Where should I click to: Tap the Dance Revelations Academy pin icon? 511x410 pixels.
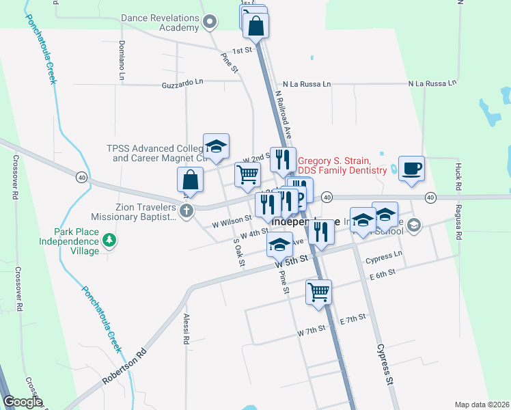210,23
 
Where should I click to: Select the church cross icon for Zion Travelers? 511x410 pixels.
186,211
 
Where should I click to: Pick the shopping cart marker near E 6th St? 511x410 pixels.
318,292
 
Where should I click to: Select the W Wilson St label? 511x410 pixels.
232,220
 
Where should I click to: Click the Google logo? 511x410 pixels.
23,402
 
